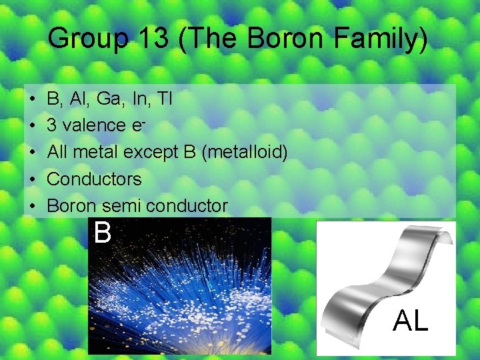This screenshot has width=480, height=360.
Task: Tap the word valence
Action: coord(97,125)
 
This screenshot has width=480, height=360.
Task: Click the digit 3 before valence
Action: coord(52,125)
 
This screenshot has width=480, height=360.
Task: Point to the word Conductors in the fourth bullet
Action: coord(94,179)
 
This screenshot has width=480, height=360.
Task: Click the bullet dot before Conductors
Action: coord(33,179)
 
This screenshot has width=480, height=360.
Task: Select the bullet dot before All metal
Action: coord(33,153)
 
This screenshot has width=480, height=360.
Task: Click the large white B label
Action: coord(103,233)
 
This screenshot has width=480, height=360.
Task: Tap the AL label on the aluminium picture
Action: coord(411,321)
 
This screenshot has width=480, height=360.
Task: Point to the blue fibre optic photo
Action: coord(180,293)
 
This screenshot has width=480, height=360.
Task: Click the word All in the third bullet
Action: coord(57,153)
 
